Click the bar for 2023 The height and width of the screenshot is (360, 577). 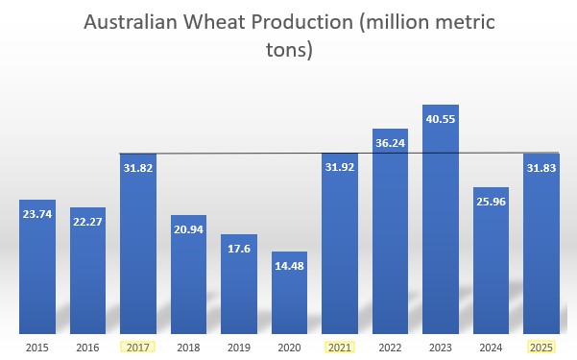tap(441, 221)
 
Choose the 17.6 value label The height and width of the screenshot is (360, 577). tap(239, 250)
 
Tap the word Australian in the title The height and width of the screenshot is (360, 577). tap(132, 22)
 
